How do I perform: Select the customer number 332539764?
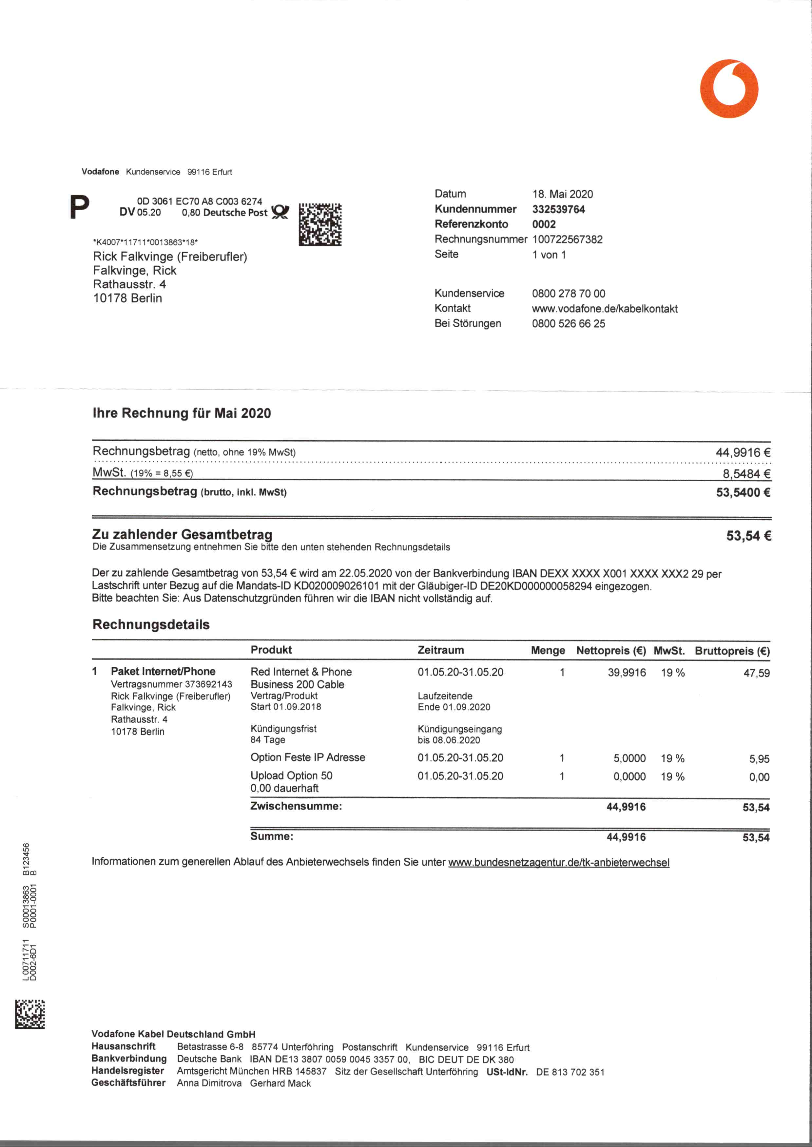(558, 209)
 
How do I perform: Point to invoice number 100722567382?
(567, 239)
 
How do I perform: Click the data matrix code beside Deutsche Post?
(320, 224)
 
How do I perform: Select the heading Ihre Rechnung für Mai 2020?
(182, 413)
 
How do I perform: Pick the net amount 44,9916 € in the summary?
(743, 453)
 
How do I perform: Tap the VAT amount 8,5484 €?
(746, 473)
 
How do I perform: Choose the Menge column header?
(548, 651)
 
